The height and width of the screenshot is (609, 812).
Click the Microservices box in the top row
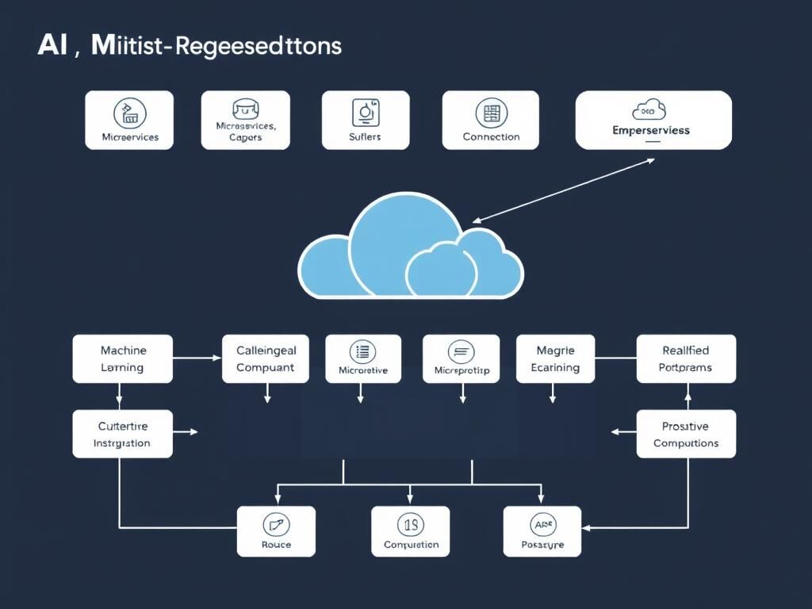129,120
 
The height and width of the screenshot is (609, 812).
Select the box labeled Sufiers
365,120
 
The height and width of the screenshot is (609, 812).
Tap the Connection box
490,120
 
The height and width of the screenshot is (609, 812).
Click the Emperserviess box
653,120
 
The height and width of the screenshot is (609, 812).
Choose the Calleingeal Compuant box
265,358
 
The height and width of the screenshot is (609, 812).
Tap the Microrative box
362,358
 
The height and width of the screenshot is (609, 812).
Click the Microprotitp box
461,358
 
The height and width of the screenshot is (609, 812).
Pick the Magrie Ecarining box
555,358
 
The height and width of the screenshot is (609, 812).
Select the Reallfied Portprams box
686,358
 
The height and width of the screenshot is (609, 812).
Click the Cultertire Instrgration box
122,434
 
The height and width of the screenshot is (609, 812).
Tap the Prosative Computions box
686,434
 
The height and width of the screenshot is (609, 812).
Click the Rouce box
276,531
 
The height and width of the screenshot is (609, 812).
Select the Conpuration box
411,531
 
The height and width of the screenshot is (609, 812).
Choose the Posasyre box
542,531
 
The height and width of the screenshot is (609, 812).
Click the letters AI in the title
53,46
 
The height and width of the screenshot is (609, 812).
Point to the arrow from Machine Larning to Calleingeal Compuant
197,358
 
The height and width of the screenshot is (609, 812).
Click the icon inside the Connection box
490,113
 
